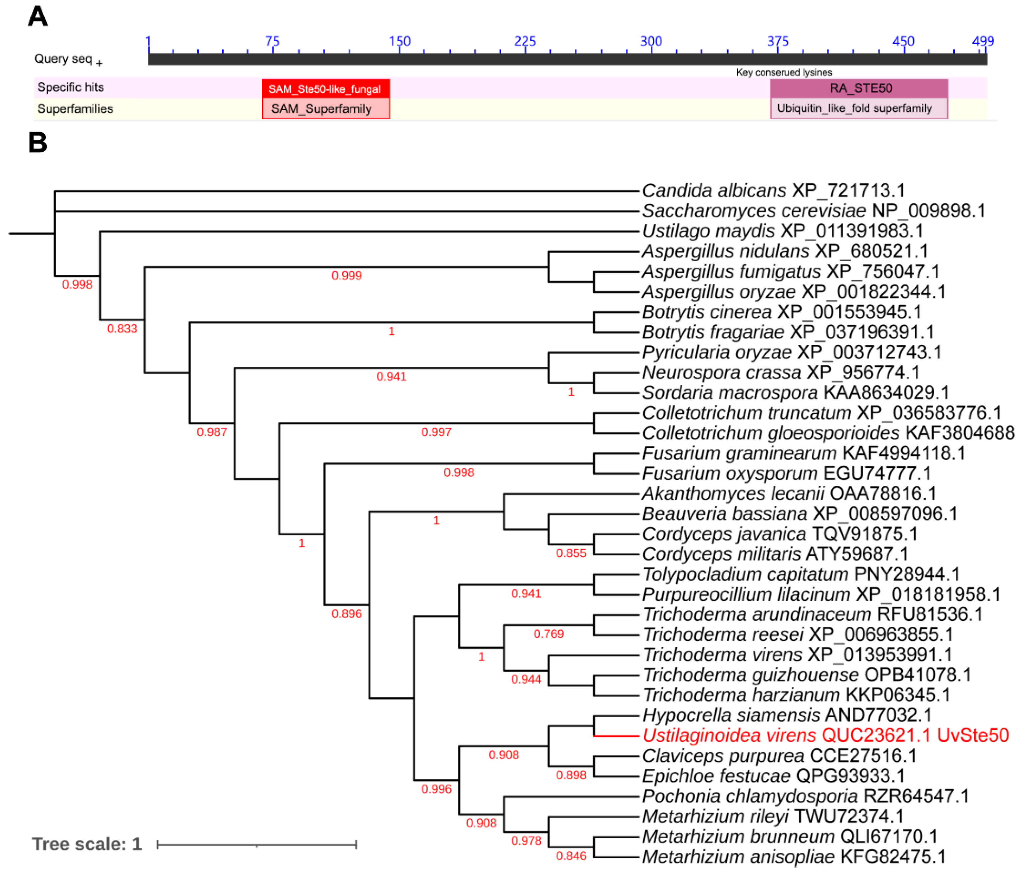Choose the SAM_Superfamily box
tap(322, 109)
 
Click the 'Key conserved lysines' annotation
tap(784, 73)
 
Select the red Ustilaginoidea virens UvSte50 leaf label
tap(825, 735)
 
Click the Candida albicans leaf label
tap(773, 190)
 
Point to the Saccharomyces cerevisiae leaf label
tap(813, 210)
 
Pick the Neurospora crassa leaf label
tap(781, 373)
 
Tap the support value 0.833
tap(122, 329)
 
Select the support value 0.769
tap(548, 634)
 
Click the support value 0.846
tap(571, 856)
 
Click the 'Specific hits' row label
tap(71, 88)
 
